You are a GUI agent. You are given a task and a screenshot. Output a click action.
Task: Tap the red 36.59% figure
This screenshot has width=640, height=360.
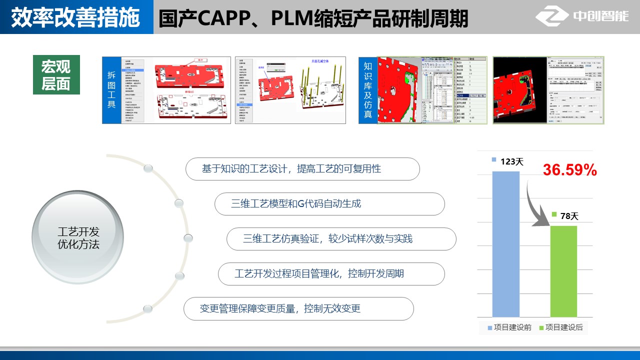point(570,170)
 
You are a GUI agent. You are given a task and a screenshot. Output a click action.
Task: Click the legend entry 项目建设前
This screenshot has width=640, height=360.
point(509,328)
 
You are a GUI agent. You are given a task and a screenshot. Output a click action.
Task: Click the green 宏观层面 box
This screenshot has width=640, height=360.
point(56,74)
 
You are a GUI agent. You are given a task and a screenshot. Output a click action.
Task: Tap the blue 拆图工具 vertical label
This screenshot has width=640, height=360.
point(111,90)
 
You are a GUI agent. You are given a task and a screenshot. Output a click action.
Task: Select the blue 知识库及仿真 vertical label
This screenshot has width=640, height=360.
point(368,90)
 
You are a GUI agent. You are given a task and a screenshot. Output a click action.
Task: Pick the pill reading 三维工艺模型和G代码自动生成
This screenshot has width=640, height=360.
point(329,204)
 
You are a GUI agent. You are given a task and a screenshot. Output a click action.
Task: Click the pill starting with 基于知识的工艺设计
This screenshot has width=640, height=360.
point(302,169)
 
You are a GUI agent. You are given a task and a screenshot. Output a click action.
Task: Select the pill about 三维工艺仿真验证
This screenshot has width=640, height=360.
point(341,239)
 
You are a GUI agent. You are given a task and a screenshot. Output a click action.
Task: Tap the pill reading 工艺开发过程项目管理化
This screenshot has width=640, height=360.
point(331,274)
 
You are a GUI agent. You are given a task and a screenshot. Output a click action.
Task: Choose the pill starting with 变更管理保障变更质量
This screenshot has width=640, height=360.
point(298,308)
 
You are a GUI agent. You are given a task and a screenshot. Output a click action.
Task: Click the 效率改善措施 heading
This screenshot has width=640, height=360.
point(75,18)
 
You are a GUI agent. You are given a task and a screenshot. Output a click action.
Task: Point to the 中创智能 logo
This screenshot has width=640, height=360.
point(582,17)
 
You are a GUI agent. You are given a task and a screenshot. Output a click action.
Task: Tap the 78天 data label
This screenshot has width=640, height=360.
point(569,216)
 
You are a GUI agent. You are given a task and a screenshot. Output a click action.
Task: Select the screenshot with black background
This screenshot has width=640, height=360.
point(548,90)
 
